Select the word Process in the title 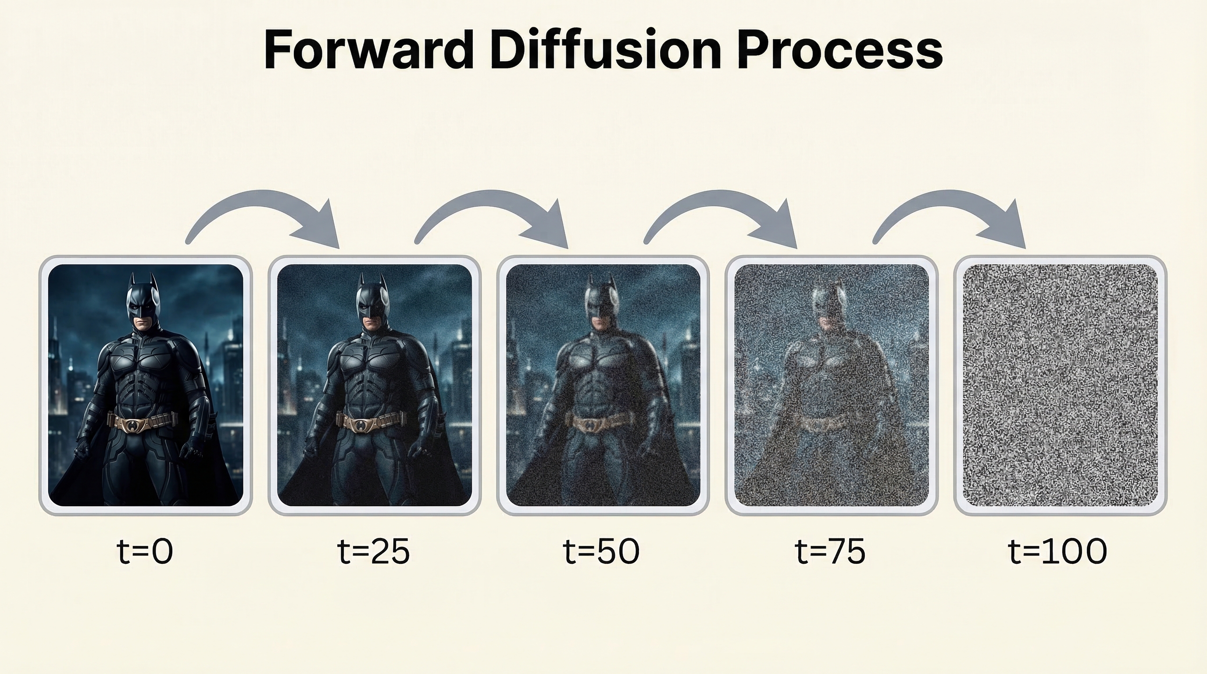(839, 50)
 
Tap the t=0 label (145, 551)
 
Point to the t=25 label (373, 551)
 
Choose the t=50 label (601, 551)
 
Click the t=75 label (830, 551)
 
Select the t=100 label (1057, 551)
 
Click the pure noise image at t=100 (1060, 385)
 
